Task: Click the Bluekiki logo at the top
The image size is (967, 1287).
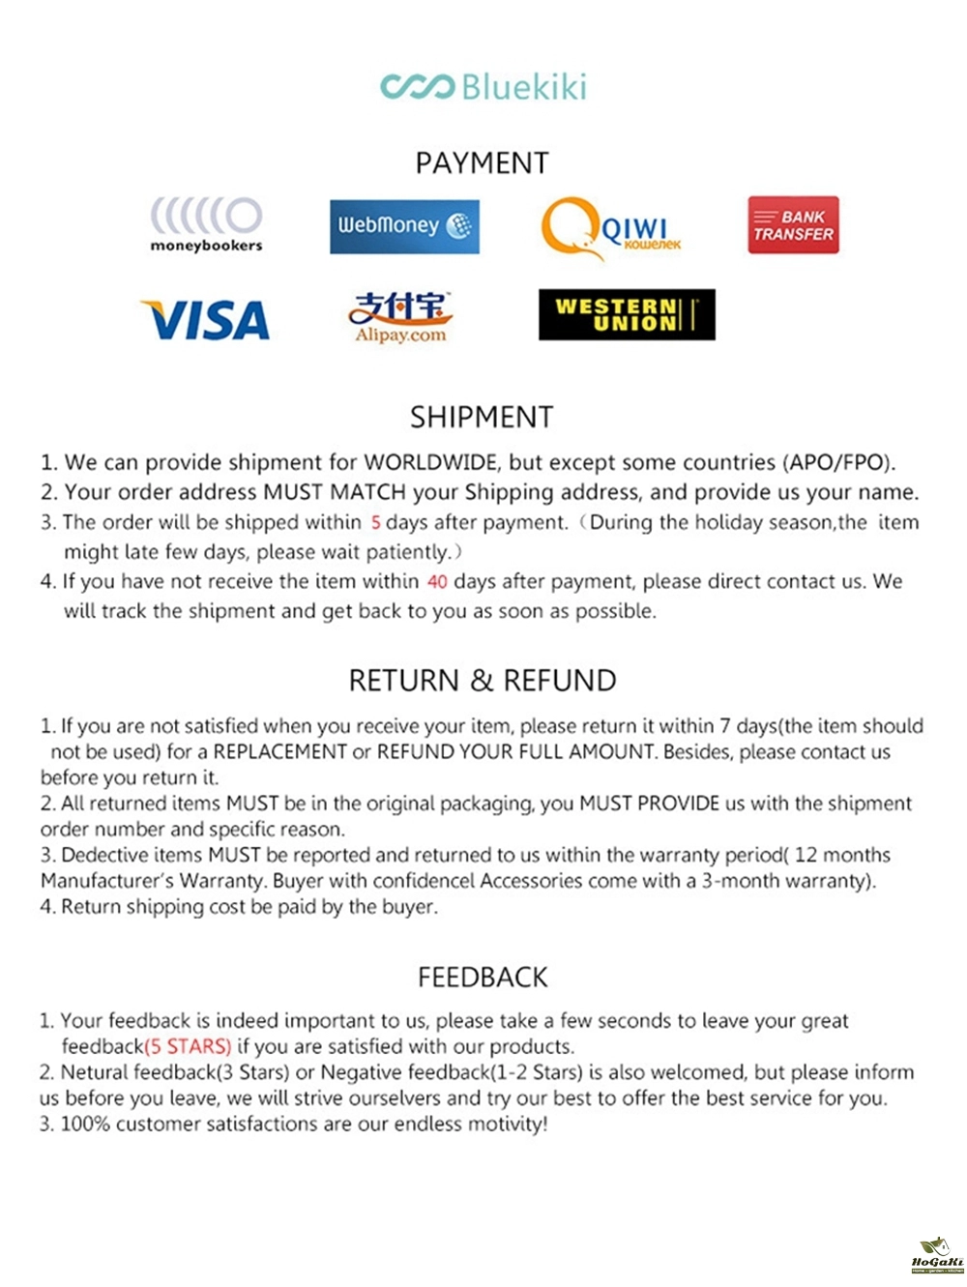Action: (483, 87)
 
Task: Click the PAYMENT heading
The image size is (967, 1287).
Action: (482, 162)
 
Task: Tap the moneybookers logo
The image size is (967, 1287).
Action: (206, 224)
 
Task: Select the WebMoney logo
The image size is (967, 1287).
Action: (404, 226)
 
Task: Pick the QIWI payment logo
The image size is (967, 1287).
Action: (610, 228)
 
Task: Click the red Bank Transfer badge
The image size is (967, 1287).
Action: (793, 225)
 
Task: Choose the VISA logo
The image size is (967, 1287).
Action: (206, 320)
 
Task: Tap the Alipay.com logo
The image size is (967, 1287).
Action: (400, 317)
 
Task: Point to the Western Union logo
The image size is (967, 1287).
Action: (627, 314)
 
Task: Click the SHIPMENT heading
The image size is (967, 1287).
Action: (482, 417)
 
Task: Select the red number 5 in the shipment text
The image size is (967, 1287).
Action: (375, 523)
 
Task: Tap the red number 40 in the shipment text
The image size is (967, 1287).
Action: (437, 582)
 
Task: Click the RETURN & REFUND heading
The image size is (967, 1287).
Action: (482, 680)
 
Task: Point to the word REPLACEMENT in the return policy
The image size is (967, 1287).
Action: (279, 752)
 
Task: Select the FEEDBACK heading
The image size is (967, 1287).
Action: (483, 977)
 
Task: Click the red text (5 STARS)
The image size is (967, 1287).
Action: (188, 1046)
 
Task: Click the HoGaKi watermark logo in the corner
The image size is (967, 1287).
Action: (937, 1254)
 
